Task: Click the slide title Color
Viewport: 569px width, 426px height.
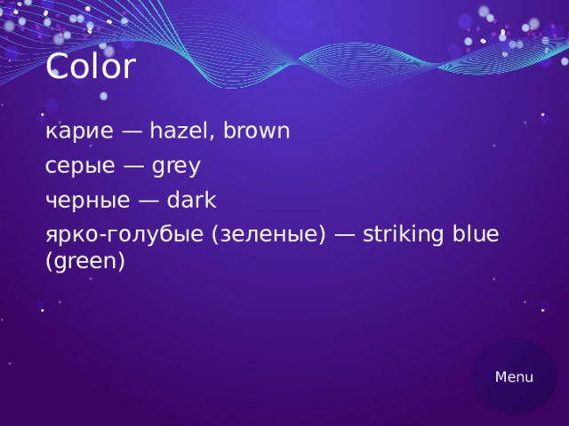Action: pyautogui.click(x=90, y=67)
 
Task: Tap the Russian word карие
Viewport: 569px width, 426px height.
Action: pyautogui.click(x=79, y=132)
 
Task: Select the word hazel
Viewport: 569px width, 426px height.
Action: pyautogui.click(x=180, y=132)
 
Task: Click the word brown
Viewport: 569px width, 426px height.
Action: pyautogui.click(x=256, y=132)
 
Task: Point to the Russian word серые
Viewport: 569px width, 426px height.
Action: pyautogui.click(x=80, y=166)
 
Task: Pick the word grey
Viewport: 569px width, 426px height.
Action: pyautogui.click(x=176, y=167)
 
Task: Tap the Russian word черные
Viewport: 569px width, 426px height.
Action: pyautogui.click(x=86, y=200)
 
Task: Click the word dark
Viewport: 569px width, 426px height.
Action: pyautogui.click(x=191, y=200)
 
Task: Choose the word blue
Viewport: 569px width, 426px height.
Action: pyautogui.click(x=476, y=234)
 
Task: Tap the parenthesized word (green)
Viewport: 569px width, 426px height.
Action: pyautogui.click(x=84, y=262)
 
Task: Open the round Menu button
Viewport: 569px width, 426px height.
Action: pyautogui.click(x=514, y=376)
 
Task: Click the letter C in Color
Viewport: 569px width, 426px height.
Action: pyautogui.click(x=56, y=67)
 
